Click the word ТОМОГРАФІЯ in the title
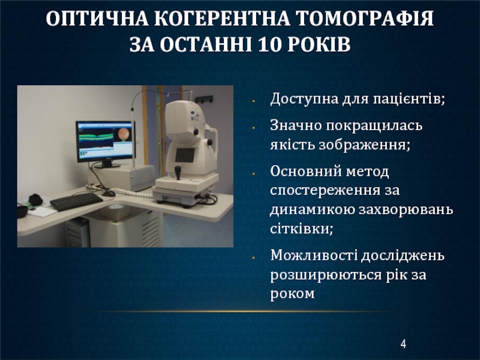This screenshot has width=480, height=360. click(x=365, y=19)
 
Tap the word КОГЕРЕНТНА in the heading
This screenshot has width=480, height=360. click(x=222, y=19)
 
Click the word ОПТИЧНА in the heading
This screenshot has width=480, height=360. click(x=97, y=19)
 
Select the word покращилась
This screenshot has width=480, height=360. click(x=374, y=125)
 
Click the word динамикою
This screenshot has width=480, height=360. click(x=311, y=209)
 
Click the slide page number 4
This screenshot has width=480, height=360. click(x=403, y=344)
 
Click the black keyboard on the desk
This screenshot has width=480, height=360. click(x=76, y=201)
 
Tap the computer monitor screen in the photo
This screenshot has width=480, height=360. click(x=106, y=140)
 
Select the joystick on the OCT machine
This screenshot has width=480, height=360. click(x=178, y=172)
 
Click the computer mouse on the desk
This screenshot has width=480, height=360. click(x=109, y=193)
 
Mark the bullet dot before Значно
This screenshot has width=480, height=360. click(x=253, y=127)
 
